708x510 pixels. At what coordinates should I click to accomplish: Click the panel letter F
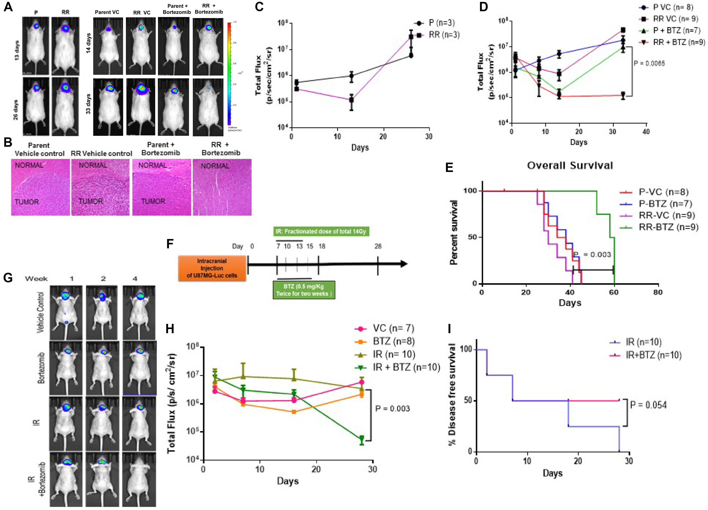pos(170,244)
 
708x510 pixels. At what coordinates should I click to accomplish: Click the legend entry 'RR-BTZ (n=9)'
pos(668,227)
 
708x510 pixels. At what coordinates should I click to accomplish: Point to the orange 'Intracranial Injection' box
pos(212,268)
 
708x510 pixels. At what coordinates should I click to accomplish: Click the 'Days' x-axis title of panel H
pos(288,481)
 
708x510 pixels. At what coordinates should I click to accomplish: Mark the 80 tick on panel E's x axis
pos(658,292)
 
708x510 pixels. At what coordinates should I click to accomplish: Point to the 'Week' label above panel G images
pos(36,279)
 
